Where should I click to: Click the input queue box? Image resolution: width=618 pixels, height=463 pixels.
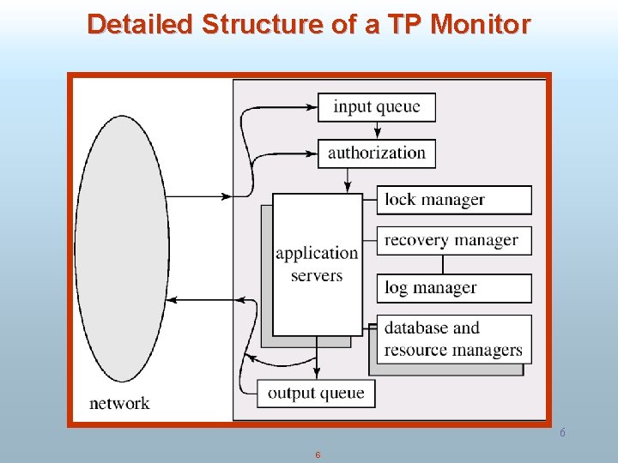[377, 107]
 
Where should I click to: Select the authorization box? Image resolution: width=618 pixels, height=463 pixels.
[377, 153]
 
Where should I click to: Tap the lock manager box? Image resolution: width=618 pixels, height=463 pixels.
[454, 200]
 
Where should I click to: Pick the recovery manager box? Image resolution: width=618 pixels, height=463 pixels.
[454, 240]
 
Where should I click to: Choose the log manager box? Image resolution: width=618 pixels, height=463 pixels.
[454, 288]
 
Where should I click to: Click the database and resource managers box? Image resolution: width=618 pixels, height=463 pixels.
[454, 339]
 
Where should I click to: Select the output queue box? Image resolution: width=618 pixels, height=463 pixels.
[316, 394]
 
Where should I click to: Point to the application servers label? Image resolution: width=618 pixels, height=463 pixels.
[317, 264]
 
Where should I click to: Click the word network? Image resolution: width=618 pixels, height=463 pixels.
[119, 403]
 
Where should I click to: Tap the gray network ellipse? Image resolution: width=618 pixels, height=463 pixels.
[121, 249]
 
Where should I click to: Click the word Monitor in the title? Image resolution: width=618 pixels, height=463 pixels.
[481, 24]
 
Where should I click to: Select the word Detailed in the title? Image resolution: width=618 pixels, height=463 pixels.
[141, 24]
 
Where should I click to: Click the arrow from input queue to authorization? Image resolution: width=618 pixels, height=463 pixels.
[377, 130]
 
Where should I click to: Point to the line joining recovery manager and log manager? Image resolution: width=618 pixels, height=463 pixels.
[445, 264]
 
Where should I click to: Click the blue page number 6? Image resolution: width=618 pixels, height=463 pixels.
[562, 433]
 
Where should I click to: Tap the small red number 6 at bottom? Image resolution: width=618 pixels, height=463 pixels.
[318, 454]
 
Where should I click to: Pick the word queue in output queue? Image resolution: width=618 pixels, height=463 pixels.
[343, 394]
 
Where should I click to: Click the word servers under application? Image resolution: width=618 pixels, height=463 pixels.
[317, 276]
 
